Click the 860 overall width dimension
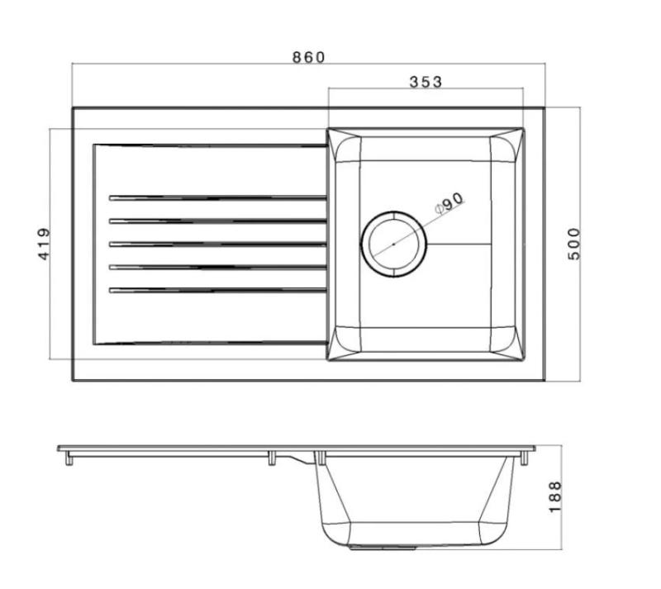click(308, 57)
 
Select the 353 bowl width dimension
click(426, 81)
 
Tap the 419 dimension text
click(45, 245)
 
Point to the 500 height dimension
click(575, 244)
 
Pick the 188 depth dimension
click(554, 496)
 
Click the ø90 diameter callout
click(451, 203)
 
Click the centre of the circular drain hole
click(394, 244)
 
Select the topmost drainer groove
click(216, 197)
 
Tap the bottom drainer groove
click(216, 290)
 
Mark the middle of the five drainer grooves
click(216, 244)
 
